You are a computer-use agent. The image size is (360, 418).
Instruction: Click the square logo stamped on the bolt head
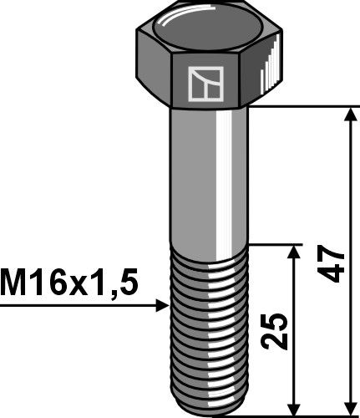tap(204, 83)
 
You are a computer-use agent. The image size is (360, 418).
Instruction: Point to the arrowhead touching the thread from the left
tap(162, 307)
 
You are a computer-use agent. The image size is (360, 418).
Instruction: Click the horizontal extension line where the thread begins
tap(276, 245)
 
